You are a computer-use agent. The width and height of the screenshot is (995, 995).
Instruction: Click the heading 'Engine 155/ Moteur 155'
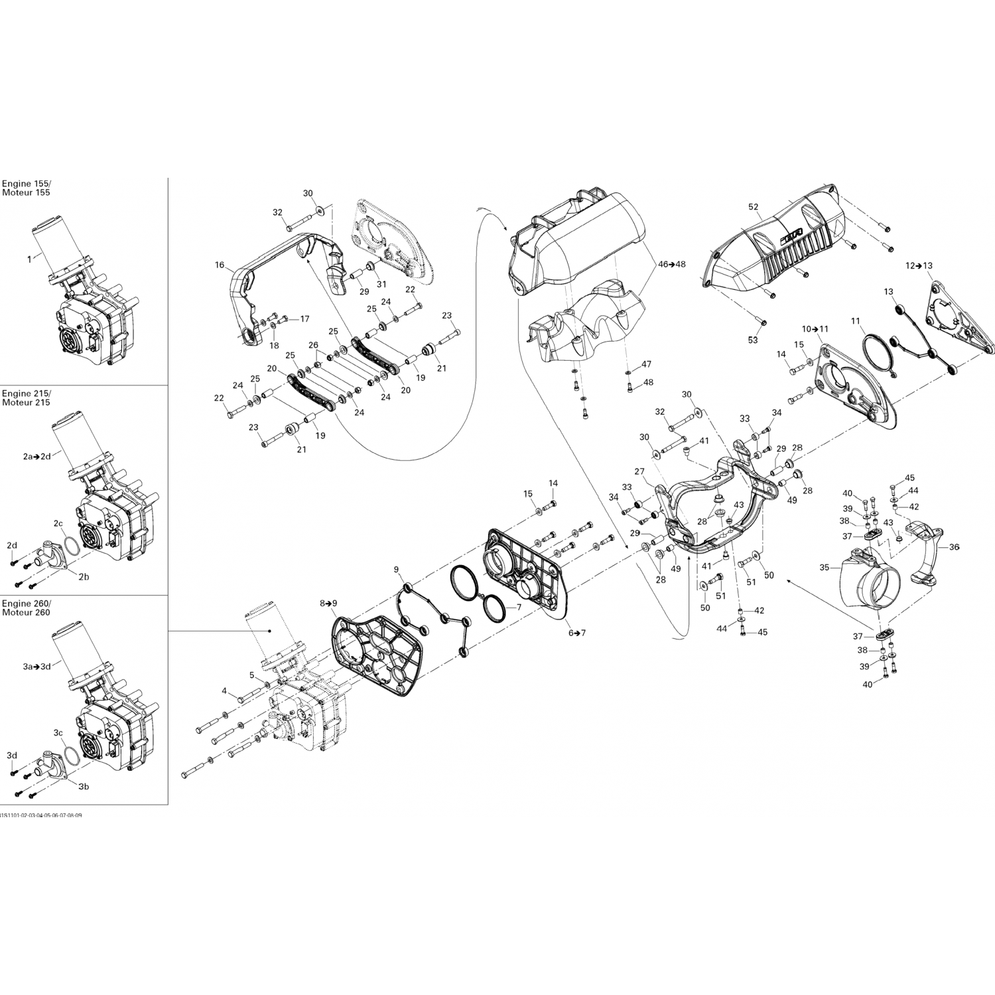[26, 188]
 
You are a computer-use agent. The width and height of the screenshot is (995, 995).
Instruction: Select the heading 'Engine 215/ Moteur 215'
[26, 398]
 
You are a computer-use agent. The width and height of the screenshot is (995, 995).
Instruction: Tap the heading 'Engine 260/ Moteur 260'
[26, 608]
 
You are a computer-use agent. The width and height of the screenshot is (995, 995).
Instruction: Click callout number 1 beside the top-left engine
[29, 259]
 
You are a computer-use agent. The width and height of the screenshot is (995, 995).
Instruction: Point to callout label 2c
[58, 523]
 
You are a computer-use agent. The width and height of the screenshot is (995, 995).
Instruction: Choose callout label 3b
[84, 787]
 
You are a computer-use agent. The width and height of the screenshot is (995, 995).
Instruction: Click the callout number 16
[220, 265]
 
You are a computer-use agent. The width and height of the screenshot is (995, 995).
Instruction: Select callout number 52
[754, 207]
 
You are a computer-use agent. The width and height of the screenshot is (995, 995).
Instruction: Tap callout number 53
[753, 340]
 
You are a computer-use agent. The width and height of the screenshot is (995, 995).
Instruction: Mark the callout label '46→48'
[671, 263]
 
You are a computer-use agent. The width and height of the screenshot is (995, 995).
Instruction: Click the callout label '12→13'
[919, 265]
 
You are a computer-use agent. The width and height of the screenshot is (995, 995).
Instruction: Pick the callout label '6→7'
[576, 633]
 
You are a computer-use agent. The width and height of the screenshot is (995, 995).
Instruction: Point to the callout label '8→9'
[328, 604]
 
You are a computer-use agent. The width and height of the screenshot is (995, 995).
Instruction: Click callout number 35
[825, 568]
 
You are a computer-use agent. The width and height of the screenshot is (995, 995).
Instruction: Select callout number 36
[954, 547]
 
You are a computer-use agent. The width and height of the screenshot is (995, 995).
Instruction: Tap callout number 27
[639, 472]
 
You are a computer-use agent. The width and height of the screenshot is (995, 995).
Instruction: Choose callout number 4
[224, 691]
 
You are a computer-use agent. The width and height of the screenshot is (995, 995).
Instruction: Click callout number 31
[381, 285]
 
